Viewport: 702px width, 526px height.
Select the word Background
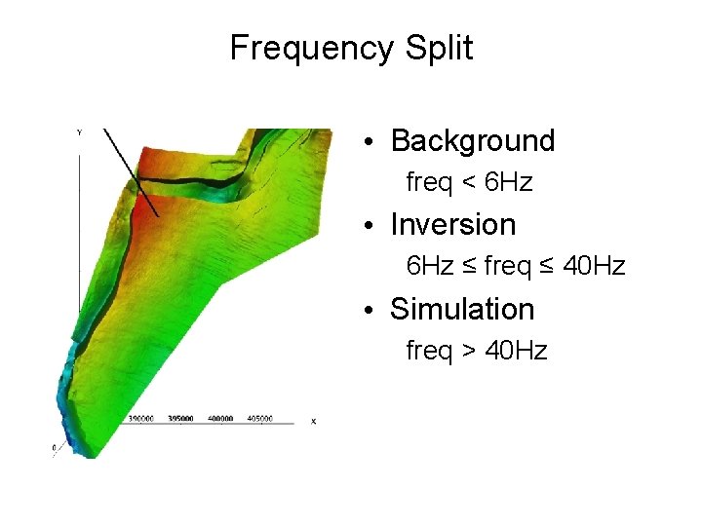pyautogui.click(x=472, y=141)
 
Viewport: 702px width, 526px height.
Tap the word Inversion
pyautogui.click(x=452, y=225)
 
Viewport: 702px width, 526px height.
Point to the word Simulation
pyautogui.click(x=462, y=310)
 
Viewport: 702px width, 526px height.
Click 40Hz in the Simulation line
pyautogui.click(x=516, y=351)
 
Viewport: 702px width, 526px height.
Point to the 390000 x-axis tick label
pyautogui.click(x=142, y=419)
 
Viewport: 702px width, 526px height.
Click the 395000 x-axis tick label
pyautogui.click(x=181, y=419)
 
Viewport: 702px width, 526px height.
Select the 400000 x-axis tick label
pyautogui.click(x=220, y=419)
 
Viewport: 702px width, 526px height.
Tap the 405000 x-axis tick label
pyautogui.click(x=259, y=419)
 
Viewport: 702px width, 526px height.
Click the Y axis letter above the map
pyautogui.click(x=79, y=131)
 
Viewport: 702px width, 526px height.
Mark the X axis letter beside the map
pyautogui.click(x=313, y=421)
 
